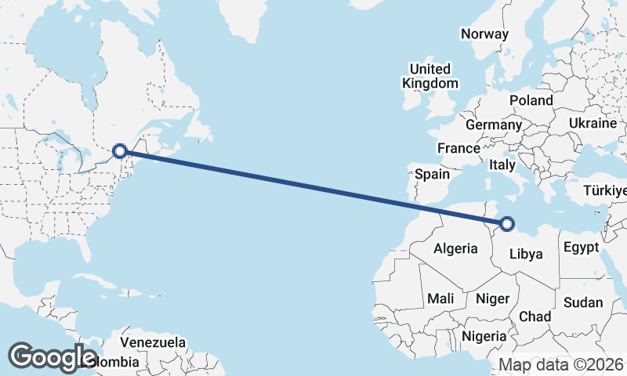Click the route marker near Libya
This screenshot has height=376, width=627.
point(507,224)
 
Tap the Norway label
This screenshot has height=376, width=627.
point(484,34)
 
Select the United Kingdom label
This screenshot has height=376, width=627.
point(429,76)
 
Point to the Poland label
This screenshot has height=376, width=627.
point(531,100)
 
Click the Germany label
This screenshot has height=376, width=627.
point(493,125)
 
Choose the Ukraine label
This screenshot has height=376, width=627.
point(593,124)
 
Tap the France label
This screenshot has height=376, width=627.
point(458,148)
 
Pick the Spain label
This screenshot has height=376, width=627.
point(433,175)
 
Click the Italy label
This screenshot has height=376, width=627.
point(502,165)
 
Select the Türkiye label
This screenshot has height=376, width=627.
point(605,191)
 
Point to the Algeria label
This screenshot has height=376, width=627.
point(455,248)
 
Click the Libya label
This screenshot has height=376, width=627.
point(526,254)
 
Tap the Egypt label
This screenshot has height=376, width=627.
point(581,248)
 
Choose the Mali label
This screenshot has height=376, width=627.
point(440,298)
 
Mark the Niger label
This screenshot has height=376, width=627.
point(493,298)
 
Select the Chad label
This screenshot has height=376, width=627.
point(535,316)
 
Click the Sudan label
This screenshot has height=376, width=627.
point(583,302)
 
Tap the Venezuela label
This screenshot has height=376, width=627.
point(153,342)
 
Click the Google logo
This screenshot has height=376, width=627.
point(52,356)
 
